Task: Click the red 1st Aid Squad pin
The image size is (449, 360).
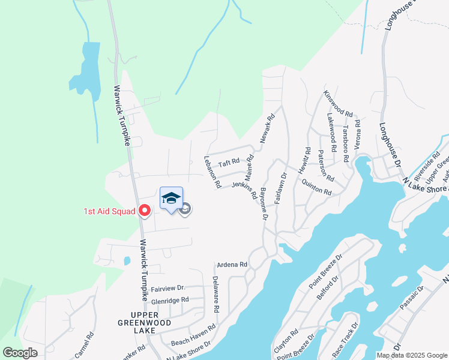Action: [144, 210]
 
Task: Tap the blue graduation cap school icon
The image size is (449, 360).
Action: [171, 199]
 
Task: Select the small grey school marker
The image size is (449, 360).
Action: [185, 209]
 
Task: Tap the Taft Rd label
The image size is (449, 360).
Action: [229, 163]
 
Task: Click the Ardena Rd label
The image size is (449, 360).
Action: [231, 265]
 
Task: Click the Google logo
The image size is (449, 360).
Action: [20, 353]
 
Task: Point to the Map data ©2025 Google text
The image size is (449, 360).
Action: [411, 355]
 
